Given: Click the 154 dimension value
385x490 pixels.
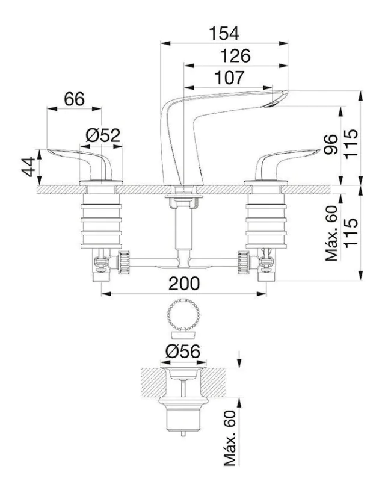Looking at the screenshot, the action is click(224, 34).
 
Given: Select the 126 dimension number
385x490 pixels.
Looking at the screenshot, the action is click(235, 56).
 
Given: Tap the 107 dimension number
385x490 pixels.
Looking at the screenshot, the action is click(230, 78).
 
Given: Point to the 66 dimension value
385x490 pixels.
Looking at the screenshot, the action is click(75, 99).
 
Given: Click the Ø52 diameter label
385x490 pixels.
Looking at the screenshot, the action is click(103, 135).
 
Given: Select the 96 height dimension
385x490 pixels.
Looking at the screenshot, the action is click(331, 144).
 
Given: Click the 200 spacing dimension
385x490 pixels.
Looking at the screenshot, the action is click(184, 284).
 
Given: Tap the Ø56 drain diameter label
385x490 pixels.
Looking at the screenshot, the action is click(183, 352).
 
